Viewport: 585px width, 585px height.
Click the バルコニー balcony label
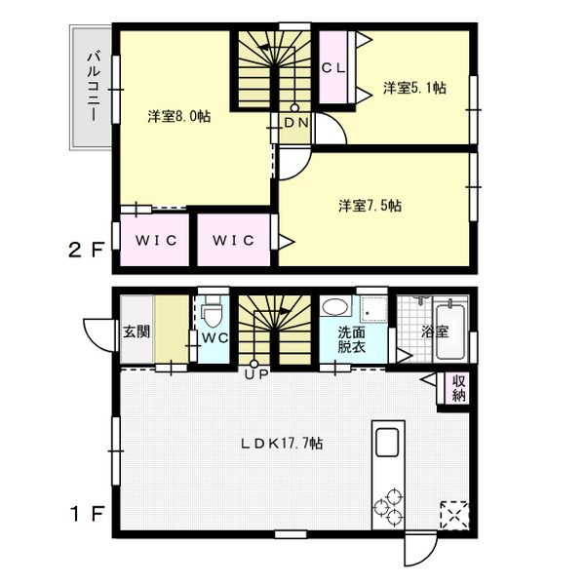tap(94, 87)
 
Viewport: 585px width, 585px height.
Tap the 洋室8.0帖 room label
tap(179, 116)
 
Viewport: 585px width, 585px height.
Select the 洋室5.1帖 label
tap(414, 88)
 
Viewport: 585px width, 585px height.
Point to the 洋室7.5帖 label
tap(370, 206)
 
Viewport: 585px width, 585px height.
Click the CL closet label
tap(333, 68)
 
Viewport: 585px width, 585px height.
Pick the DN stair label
tap(296, 123)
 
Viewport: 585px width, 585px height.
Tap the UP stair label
tap(256, 374)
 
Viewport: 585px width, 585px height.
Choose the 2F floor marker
tap(86, 250)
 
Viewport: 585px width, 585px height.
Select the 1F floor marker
tap(87, 514)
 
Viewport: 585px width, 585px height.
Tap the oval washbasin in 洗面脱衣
tap(335, 307)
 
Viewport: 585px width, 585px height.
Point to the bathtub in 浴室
tap(450, 332)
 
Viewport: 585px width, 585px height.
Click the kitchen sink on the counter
tap(387, 443)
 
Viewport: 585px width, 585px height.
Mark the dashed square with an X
tap(454, 515)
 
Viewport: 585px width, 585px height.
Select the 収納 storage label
tap(458, 388)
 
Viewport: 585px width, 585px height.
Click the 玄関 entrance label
tap(136, 331)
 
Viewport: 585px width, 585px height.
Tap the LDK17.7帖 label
tap(282, 444)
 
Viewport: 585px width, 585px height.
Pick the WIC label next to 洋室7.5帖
tap(234, 240)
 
